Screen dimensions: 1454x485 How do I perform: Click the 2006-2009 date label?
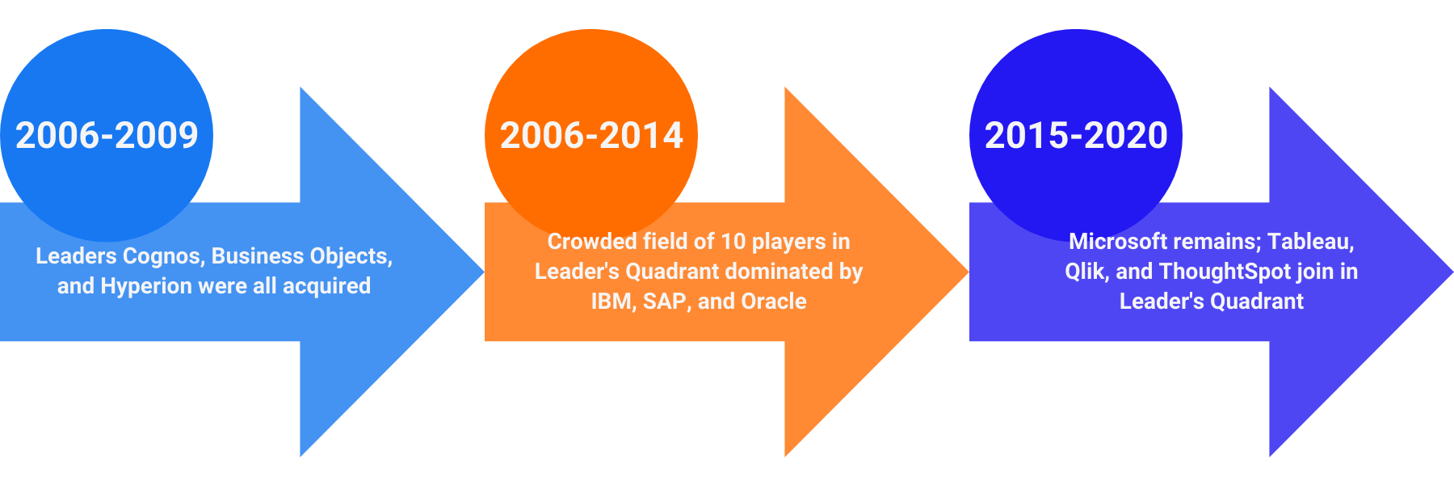point(107,135)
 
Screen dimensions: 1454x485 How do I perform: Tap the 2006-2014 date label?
point(591,135)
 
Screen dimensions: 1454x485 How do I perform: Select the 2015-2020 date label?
point(1076,135)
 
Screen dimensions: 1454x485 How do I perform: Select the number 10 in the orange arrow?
point(733,242)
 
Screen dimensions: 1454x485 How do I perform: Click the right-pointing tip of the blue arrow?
point(483,272)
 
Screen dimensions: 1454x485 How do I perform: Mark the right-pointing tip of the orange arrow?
point(968,272)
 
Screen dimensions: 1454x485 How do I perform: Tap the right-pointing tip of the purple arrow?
point(1452,272)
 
